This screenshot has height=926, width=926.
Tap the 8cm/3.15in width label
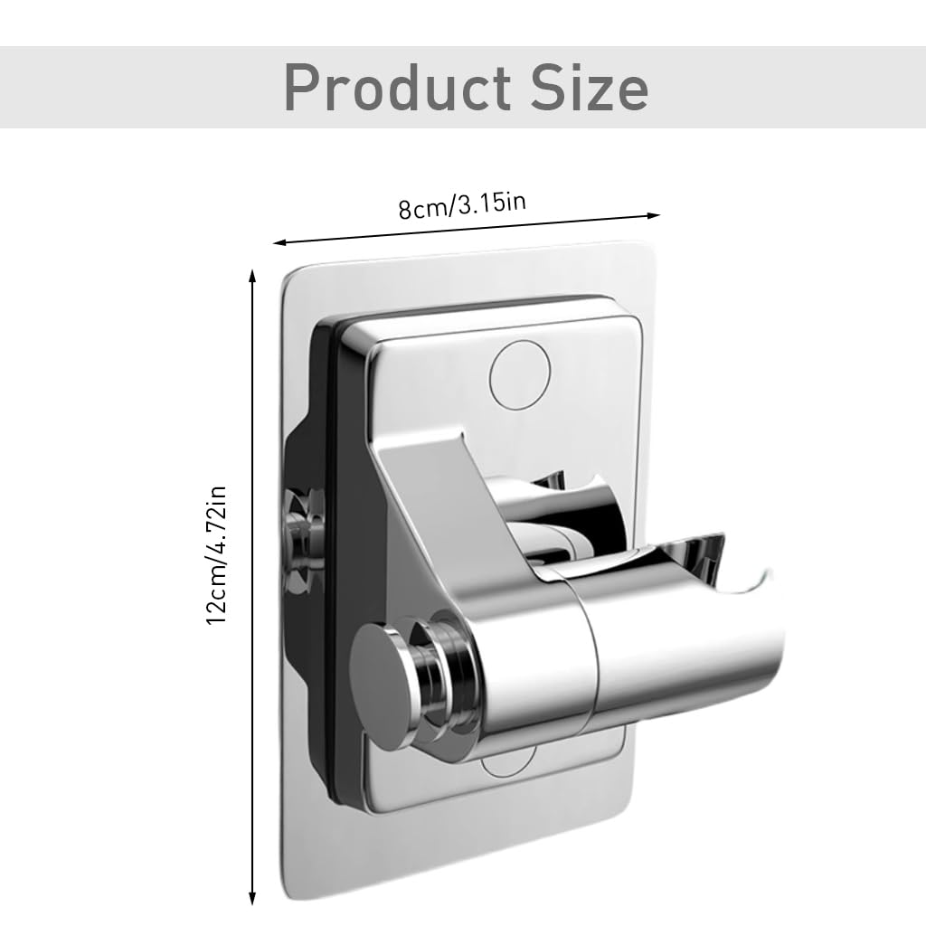click(462, 204)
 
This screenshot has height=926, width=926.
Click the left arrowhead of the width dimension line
click(279, 242)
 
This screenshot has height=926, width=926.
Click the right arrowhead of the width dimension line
click(655, 215)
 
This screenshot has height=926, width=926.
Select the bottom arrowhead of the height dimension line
click(252, 900)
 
